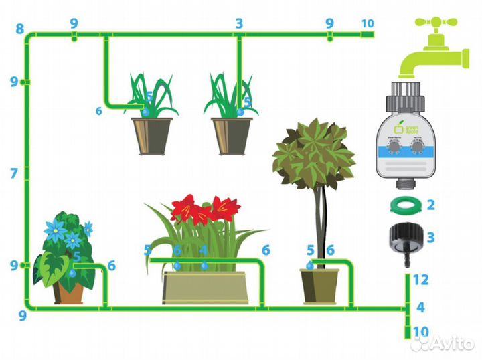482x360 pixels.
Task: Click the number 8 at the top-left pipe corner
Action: coord(19,29)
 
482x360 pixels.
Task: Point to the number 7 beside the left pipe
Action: coord(14,173)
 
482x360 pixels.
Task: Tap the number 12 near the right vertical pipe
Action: coord(420,279)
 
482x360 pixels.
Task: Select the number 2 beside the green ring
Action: coord(430,205)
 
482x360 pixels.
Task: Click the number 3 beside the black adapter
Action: coord(430,237)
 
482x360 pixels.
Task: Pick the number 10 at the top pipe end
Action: coord(368,23)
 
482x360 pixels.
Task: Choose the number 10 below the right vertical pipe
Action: coord(420,331)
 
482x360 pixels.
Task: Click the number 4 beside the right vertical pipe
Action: coord(420,308)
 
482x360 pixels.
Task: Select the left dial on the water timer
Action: coord(394,149)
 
